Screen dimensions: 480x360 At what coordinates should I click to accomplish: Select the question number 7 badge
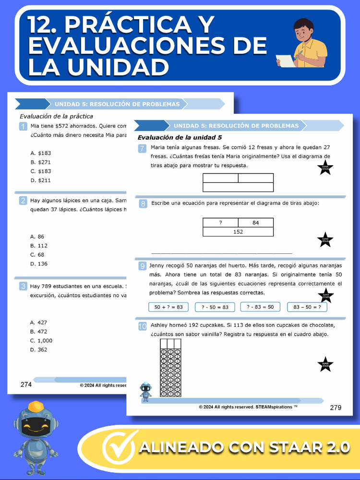(x=142, y=148)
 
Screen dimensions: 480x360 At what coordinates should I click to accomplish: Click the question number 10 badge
(x=142, y=326)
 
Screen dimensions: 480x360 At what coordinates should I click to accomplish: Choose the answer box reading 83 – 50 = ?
(x=307, y=307)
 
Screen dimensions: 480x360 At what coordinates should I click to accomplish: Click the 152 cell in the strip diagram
(x=238, y=232)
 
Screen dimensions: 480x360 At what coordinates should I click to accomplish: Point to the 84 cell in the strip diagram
(x=255, y=223)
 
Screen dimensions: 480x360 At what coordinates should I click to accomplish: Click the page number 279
(x=336, y=408)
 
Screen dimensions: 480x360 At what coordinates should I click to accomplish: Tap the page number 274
(x=26, y=384)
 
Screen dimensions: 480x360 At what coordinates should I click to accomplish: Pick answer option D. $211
(x=40, y=180)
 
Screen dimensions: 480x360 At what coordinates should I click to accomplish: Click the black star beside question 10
(x=325, y=364)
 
